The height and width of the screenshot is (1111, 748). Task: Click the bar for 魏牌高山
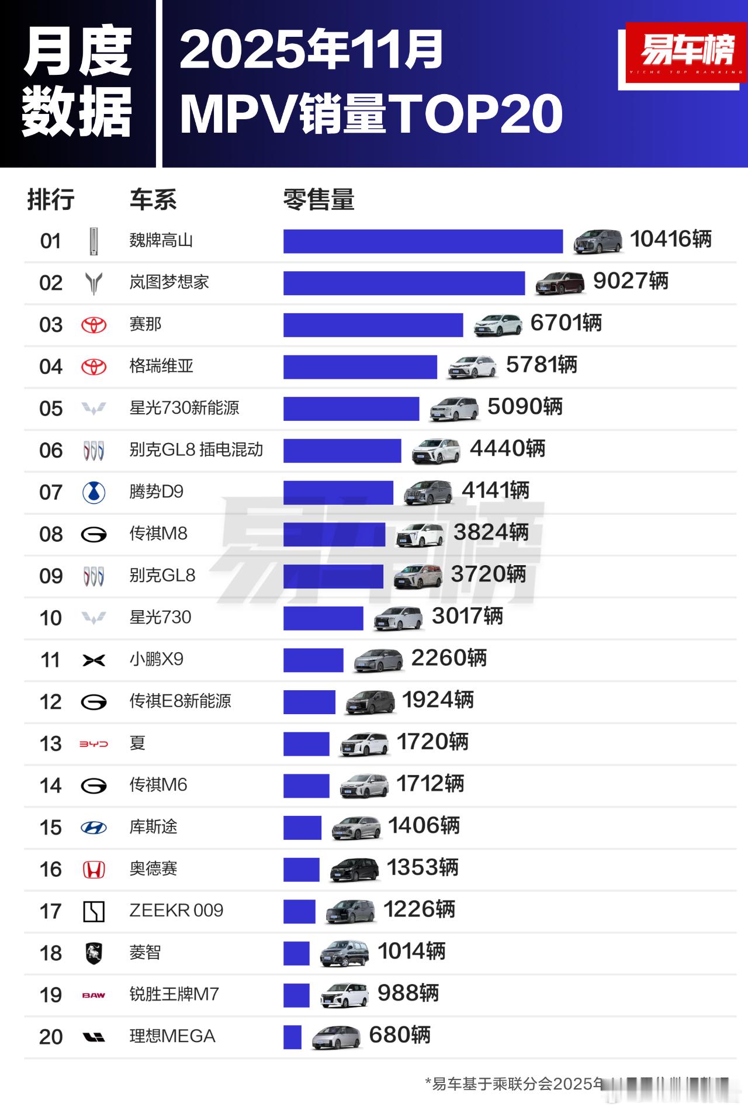coord(423,241)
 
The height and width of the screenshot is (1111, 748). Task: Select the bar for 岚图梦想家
coord(404,283)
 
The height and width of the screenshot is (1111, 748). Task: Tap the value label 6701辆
coord(566,323)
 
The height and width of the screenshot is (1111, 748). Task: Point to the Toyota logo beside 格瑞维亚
coord(93,367)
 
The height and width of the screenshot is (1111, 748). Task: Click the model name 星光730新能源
coord(184,408)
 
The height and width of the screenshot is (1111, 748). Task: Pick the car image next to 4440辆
coord(435,451)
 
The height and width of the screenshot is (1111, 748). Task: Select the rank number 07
coord(51,493)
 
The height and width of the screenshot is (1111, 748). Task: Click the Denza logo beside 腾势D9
coord(93,493)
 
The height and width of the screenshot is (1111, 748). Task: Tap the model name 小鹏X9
coord(156,659)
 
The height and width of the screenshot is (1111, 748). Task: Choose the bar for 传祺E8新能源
coord(309,702)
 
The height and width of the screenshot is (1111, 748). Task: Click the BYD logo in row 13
coord(93,744)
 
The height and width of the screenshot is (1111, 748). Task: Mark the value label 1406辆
coord(424,826)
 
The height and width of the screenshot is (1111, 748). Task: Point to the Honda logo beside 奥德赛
coord(93,870)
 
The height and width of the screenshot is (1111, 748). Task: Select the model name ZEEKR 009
coord(176,911)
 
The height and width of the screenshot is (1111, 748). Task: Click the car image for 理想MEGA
coord(335,1037)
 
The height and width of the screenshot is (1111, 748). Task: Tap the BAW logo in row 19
coord(93,995)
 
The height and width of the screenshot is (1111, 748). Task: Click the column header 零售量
coord(318,200)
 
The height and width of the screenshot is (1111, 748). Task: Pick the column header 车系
coord(153,200)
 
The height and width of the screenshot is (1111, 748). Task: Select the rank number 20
coord(51,1037)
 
